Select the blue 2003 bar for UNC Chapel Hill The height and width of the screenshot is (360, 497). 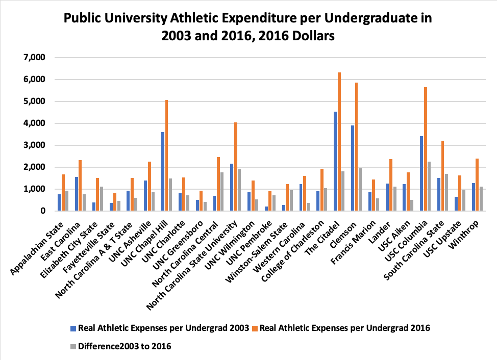[163, 171]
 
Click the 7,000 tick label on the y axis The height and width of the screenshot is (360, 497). [35, 58]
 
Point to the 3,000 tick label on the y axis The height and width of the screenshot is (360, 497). [35, 145]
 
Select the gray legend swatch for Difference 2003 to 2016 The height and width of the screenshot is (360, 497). [72, 346]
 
